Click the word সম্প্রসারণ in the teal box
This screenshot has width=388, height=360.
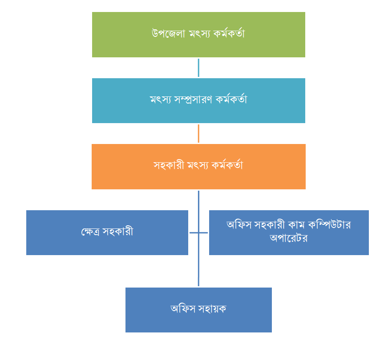(192, 100)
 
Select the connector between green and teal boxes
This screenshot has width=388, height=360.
(198, 68)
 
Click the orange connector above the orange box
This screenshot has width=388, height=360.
(198, 133)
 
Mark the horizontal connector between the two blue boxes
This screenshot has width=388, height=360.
(198, 232)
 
